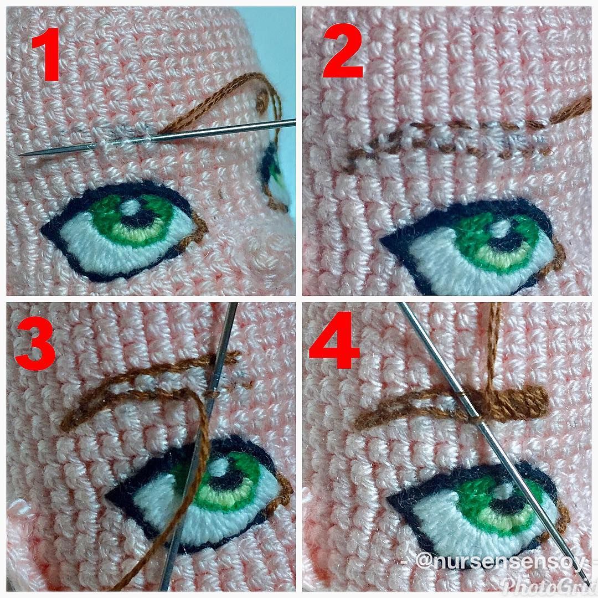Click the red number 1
tap(46, 54)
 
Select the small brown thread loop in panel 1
tap(262, 99)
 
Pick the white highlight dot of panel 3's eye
tap(220, 465)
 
